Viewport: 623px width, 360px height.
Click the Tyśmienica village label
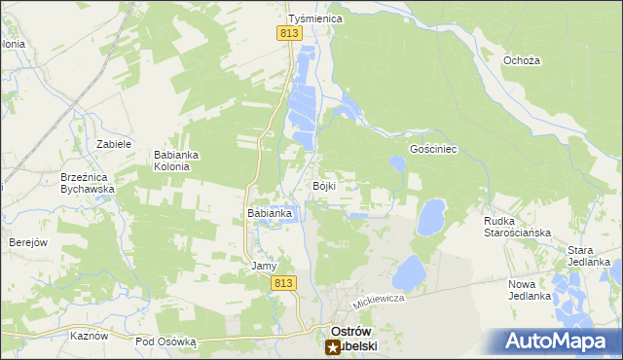tap(311, 18)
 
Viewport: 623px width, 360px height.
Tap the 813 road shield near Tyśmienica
tap(288, 33)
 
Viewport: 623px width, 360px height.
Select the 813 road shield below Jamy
tap(282, 282)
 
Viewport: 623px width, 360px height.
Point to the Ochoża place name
tap(522, 60)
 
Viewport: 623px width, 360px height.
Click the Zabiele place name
tap(114, 144)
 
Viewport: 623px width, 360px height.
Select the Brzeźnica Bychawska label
tap(88, 184)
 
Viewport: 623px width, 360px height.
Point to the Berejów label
tap(28, 242)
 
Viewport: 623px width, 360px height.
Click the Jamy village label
tap(265, 266)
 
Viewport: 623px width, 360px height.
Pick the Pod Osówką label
tap(165, 342)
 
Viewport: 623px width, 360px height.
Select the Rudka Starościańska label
tap(518, 227)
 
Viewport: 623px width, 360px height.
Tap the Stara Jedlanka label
tap(589, 256)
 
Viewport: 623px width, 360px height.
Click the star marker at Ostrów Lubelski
tap(332, 346)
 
